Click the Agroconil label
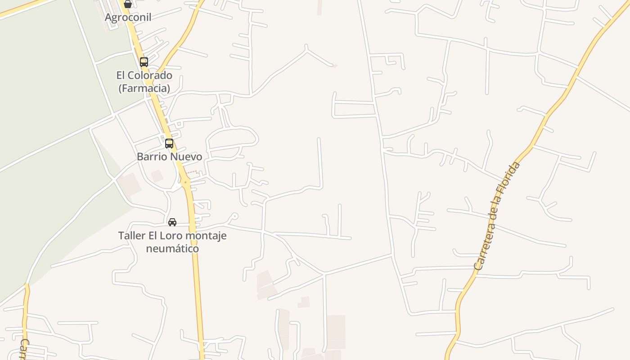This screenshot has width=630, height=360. click(128, 17)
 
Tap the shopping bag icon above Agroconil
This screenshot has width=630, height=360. click(128, 4)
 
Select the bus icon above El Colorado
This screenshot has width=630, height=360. click(144, 62)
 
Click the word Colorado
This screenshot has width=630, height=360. click(151, 75)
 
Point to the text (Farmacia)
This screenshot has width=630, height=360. click(144, 88)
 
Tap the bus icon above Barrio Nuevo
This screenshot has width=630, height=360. click(169, 144)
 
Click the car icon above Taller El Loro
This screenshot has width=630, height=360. click(172, 222)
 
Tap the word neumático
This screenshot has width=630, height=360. click(172, 248)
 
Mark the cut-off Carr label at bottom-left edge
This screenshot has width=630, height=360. click(24, 349)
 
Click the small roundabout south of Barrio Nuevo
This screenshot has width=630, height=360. click(185, 182)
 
